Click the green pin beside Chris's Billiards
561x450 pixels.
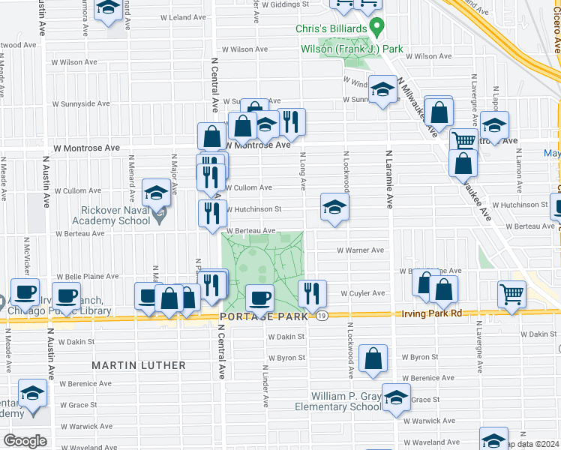(377, 28)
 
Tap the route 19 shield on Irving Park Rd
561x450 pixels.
(320, 317)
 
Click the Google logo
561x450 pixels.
(25, 441)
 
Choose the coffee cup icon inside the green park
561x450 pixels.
(260, 298)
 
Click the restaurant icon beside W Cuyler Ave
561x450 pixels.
(311, 293)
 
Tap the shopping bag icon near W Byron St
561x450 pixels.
(373, 359)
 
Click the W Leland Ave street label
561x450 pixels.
(184, 17)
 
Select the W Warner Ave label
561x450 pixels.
(360, 250)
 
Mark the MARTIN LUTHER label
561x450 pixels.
(139, 365)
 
